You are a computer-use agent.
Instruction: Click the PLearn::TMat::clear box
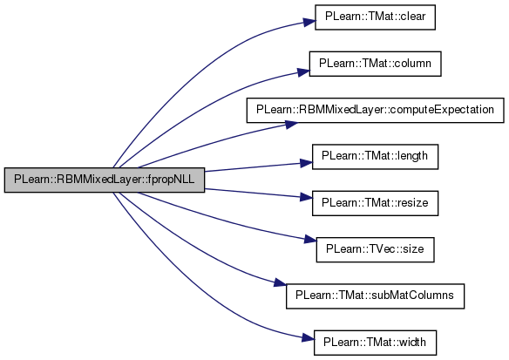pos(375,17)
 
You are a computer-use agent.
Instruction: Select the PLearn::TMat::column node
pos(375,64)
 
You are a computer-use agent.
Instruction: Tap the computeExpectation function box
pos(375,110)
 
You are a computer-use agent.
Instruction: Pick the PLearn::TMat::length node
pos(375,157)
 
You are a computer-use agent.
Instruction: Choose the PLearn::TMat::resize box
pos(375,203)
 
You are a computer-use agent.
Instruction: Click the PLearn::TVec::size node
pos(375,249)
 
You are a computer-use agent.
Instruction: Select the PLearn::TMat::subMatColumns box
pos(375,296)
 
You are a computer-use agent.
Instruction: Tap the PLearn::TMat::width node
pos(375,343)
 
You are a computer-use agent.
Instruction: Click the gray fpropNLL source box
pos(105,180)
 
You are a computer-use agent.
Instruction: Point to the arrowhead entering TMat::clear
pos(309,22)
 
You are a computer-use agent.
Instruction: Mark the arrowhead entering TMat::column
pos(303,72)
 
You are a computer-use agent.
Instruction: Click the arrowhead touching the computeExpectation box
pos(291,125)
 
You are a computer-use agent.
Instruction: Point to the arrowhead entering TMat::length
pos(306,163)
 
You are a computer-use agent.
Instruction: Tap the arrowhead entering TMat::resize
pos(306,197)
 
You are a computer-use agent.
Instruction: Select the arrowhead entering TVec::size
pos(310,241)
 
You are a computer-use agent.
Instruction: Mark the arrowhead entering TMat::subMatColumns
pos(280,283)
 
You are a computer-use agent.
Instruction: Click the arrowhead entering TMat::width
pos(308,338)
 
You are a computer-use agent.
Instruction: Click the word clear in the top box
pos(412,17)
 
